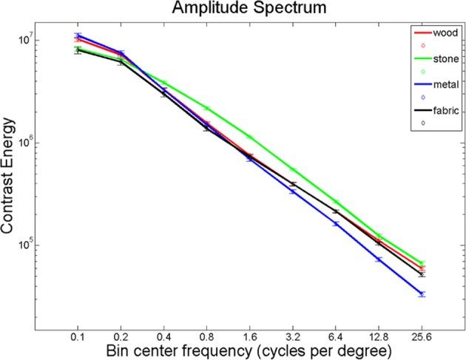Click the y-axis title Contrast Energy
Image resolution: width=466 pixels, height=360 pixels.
[10, 175]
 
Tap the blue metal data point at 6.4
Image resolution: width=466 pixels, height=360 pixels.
[337, 223]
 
